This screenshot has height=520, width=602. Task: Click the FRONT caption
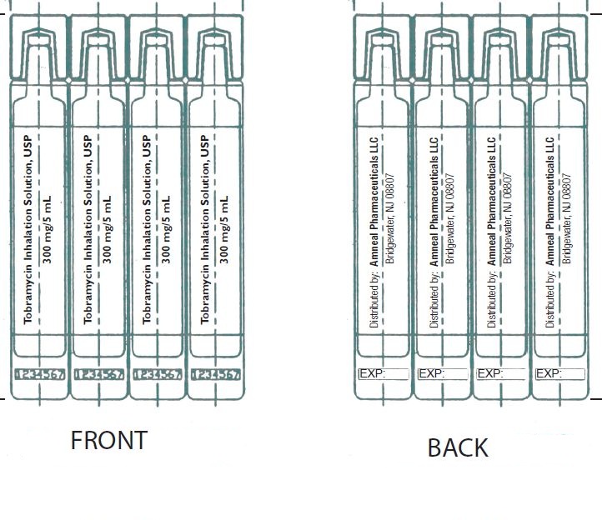[x=108, y=440]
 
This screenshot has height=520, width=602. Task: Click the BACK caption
[x=457, y=447]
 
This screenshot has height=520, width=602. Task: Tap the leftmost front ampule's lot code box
[x=40, y=374]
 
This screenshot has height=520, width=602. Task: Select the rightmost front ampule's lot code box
[x=216, y=374]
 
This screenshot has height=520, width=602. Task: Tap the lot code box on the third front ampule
[x=158, y=374]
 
